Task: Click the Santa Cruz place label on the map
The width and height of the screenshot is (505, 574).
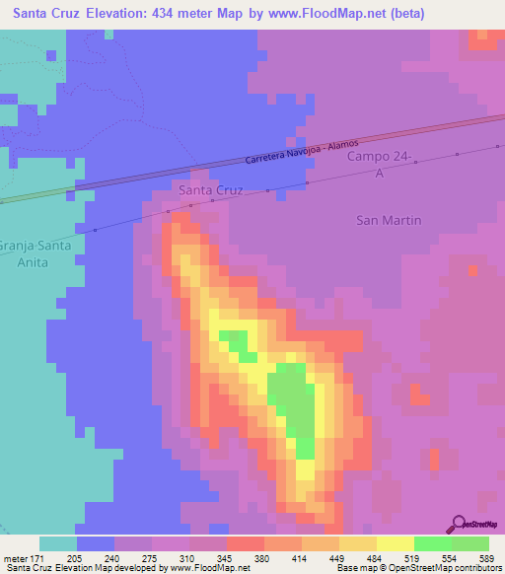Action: (210, 189)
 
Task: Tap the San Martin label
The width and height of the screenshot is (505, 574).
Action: (388, 220)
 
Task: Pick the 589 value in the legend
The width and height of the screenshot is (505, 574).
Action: (487, 557)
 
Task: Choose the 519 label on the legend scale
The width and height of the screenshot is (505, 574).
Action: (413, 557)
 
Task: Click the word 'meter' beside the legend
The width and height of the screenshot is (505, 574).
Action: (17, 557)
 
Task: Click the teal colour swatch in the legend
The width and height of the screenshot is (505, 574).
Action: (58, 543)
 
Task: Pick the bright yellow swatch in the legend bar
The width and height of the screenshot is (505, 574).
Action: (395, 543)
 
